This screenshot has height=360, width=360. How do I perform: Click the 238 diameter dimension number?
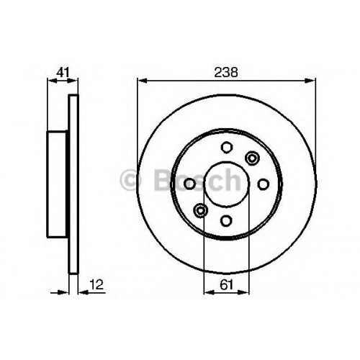click(226, 72)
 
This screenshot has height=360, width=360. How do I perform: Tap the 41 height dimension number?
click(63, 72)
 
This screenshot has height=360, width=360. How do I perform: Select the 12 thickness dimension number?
click(96, 284)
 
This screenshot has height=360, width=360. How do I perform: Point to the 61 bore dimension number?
click(226, 285)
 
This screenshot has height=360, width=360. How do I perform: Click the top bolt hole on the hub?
click(226, 147)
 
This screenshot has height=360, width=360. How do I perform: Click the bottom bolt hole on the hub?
click(226, 220)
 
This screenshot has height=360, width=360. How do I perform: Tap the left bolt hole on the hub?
click(189, 184)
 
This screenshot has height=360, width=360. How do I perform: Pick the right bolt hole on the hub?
click(263, 184)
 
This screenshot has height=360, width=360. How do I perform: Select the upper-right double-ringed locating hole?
click(252, 158)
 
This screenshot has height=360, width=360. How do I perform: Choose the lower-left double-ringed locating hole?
click(200, 210)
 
